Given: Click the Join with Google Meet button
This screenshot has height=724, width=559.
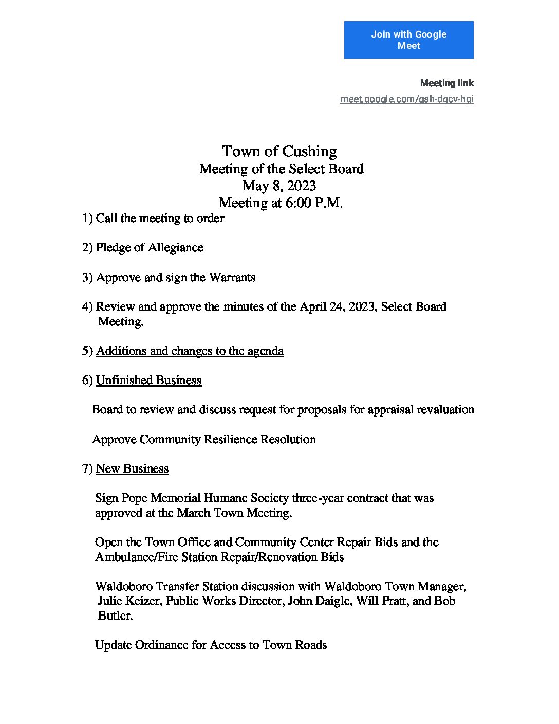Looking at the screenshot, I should pos(408,40).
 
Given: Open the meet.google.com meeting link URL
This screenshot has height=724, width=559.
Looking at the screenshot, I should pos(406,99).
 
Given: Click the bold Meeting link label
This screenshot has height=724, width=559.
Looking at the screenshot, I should pos(446,83).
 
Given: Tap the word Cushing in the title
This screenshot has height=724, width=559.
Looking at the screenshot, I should pos(309,151).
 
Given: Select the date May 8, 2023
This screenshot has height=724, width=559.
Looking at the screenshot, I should pos(279,186).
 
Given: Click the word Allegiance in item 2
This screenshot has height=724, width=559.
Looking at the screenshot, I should pos(176,248).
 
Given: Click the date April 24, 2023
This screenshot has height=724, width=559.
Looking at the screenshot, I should pos(337,307).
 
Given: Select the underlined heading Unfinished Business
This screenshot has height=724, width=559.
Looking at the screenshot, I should pos(148,381).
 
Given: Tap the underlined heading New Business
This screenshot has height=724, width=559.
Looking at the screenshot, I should pos(132,469).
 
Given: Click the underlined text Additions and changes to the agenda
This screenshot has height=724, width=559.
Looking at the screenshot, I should pos(190,351).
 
